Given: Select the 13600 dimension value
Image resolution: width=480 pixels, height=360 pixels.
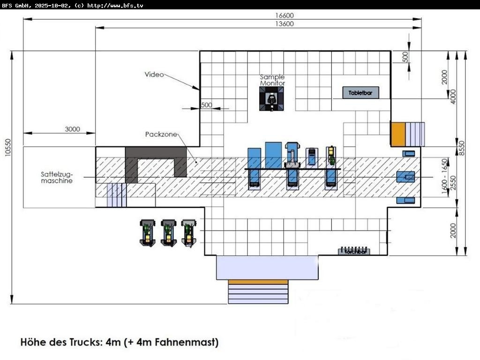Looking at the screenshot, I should [x=285, y=24].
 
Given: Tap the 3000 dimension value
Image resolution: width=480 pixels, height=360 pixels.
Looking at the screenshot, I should [x=72, y=129].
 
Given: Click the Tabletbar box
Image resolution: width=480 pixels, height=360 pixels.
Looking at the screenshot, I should [x=360, y=93].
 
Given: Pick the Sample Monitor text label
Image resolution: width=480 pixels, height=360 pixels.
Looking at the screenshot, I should [x=272, y=80].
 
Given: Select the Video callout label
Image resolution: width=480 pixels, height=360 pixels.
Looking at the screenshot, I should [x=154, y=75].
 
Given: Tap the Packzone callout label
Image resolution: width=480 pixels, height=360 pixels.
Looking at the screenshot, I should [x=161, y=135].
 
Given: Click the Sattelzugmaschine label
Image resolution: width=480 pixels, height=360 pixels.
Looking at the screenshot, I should [x=56, y=177].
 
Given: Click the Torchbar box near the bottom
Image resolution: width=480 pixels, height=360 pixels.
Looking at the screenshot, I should [x=354, y=251].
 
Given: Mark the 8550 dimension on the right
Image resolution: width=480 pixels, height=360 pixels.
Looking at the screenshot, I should [x=463, y=148].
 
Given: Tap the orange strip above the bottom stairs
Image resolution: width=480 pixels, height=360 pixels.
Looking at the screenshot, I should [x=258, y=282].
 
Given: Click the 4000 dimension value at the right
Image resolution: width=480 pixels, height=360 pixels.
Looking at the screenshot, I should [x=453, y=96].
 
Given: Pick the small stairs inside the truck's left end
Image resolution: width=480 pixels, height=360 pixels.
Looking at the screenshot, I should [x=116, y=195].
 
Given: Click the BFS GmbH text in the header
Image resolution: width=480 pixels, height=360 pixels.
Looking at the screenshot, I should [x=17, y=5].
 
